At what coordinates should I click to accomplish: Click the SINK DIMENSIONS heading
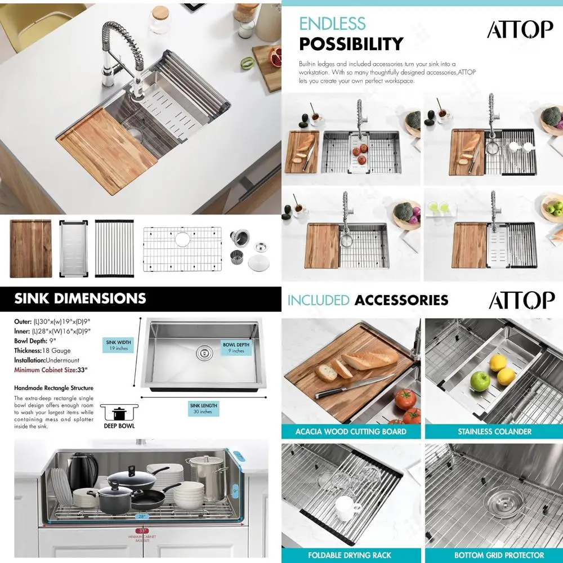click(x=80, y=298)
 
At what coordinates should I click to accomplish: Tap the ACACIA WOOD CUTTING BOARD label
click(x=351, y=432)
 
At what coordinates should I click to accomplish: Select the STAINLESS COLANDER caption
click(x=494, y=432)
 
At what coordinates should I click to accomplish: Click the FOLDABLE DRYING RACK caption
click(x=351, y=555)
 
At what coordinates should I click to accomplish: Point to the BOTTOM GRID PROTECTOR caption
click(x=494, y=555)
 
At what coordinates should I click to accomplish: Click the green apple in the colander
click(x=480, y=381)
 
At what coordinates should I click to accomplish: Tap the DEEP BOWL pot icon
click(x=119, y=414)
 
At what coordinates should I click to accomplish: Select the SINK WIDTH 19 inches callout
click(x=118, y=345)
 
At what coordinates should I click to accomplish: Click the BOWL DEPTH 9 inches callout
click(x=236, y=347)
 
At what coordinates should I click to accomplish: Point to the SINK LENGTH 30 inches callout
click(x=203, y=408)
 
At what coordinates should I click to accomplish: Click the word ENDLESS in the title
click(x=332, y=24)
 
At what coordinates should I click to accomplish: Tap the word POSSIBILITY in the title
click(x=351, y=44)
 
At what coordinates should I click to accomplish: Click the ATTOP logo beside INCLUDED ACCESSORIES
click(x=521, y=300)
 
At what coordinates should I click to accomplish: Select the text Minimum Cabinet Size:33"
click(x=51, y=370)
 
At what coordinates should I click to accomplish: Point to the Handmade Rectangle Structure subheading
click(x=53, y=388)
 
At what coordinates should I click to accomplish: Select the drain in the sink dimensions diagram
click(x=203, y=353)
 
